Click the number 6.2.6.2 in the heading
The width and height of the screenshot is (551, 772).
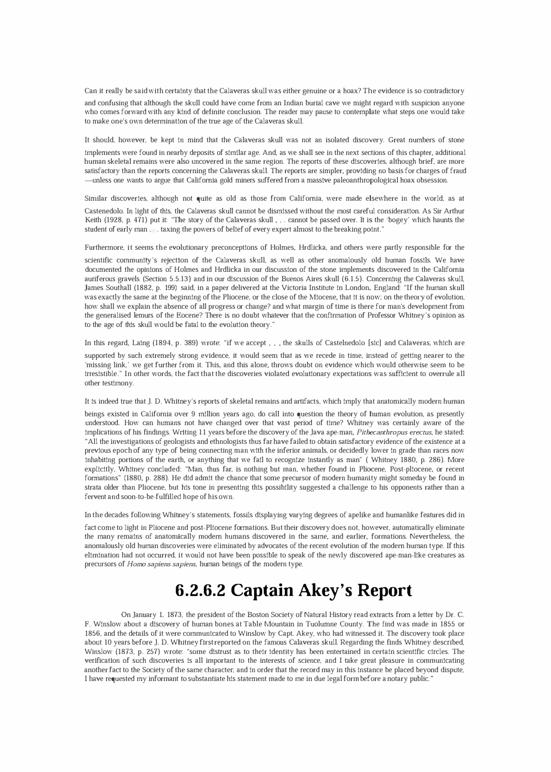199,591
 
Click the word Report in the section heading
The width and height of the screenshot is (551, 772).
385,591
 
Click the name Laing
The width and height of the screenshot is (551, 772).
125,343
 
